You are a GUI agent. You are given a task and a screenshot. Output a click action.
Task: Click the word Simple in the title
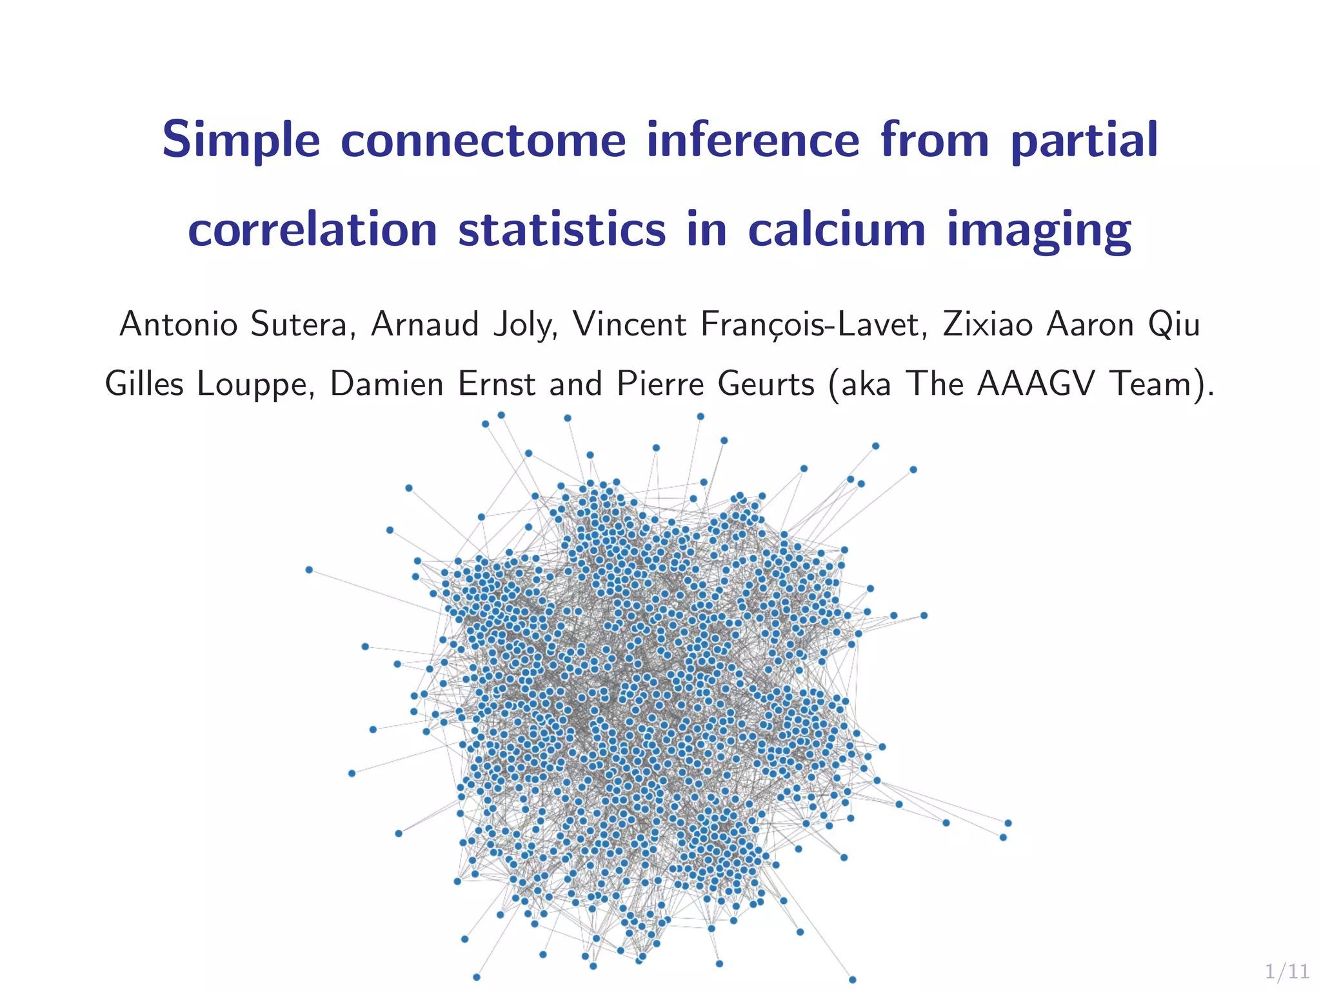(241, 141)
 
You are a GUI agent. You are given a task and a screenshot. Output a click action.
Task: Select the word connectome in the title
(483, 141)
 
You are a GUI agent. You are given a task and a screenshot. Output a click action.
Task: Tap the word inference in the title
(753, 141)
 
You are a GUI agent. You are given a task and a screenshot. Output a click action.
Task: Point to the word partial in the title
(1084, 141)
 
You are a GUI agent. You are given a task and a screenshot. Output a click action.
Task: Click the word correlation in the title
(313, 230)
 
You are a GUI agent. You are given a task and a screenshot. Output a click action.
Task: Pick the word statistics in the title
(562, 230)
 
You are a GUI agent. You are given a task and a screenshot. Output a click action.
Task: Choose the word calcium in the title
(837, 230)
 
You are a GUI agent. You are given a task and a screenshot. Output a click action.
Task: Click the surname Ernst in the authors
(496, 385)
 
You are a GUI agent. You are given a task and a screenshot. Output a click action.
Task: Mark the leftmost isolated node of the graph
(309, 570)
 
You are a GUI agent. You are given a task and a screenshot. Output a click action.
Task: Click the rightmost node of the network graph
(1008, 823)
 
